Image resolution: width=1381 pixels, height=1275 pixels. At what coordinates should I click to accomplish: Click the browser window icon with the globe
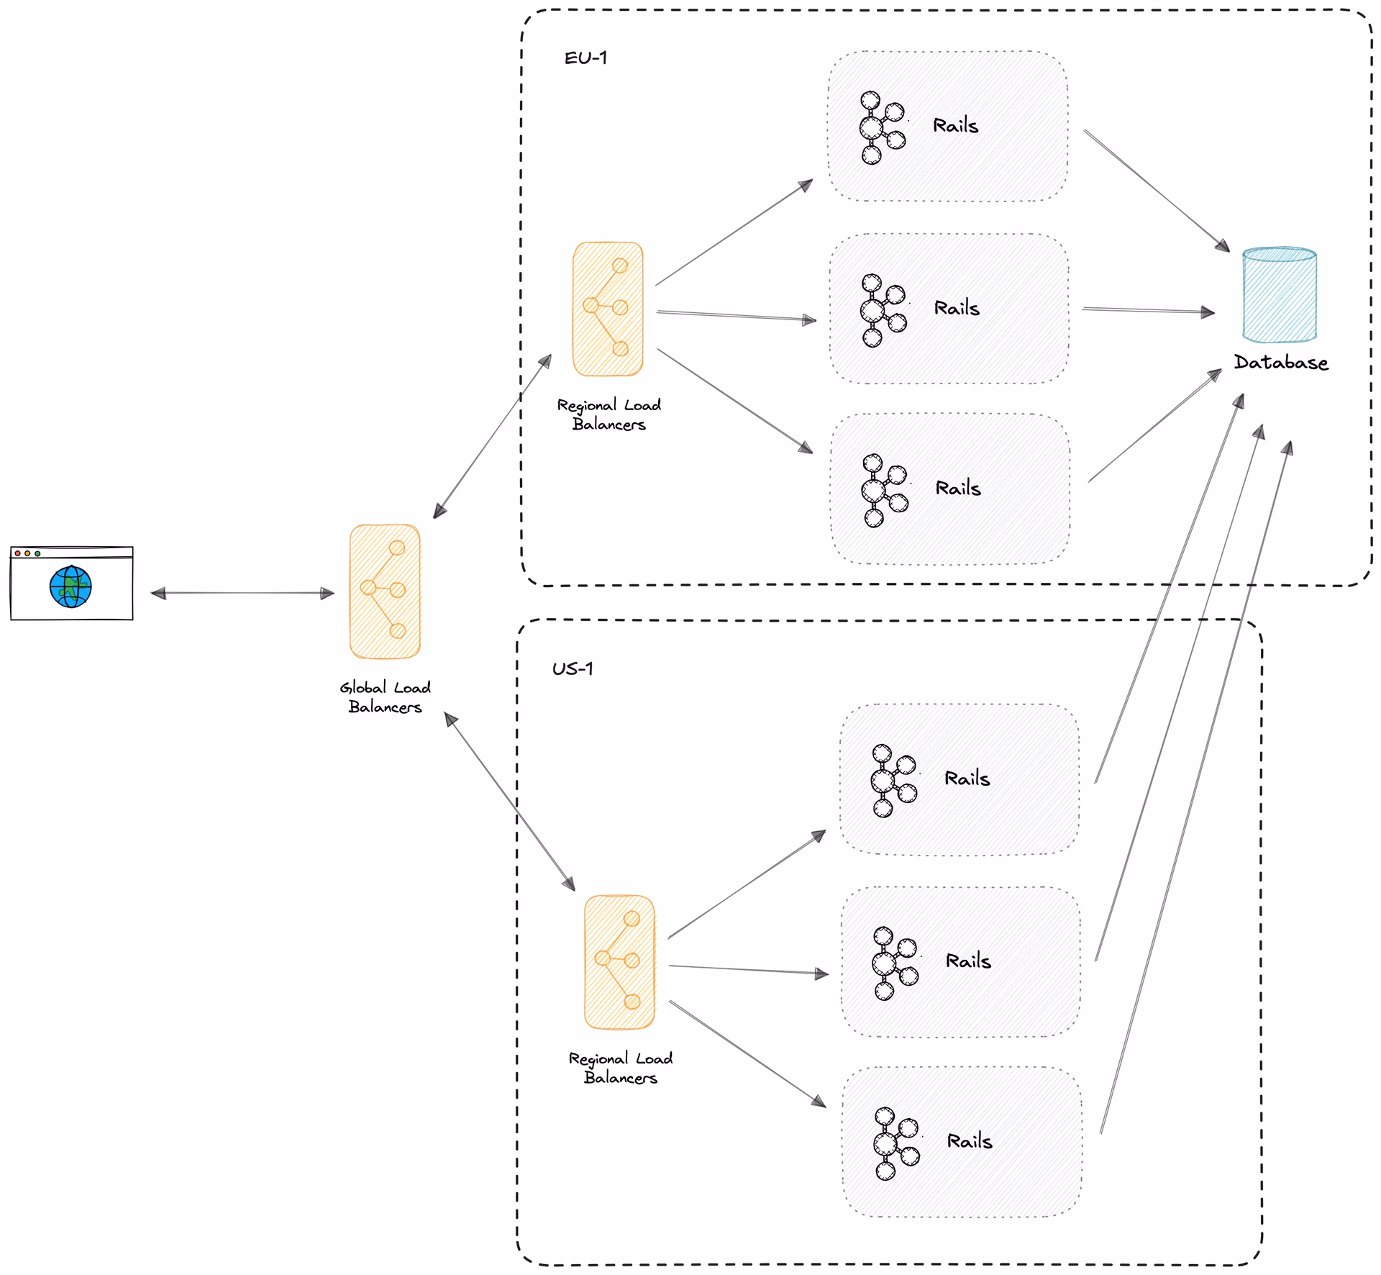pos(72,583)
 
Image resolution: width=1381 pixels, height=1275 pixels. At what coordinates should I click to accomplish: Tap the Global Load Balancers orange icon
pos(385,591)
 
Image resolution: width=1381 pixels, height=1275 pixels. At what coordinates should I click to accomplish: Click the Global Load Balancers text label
pos(386,697)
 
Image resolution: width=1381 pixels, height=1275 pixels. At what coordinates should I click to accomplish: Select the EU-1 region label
pos(585,58)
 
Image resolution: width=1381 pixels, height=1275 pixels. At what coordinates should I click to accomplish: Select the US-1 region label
pos(573,668)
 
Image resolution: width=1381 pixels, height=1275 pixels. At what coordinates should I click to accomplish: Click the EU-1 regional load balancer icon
pos(608,309)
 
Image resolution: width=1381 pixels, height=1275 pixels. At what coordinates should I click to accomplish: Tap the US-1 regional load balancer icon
pos(620,962)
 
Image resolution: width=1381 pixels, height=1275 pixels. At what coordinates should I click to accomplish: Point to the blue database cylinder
pos(1280,295)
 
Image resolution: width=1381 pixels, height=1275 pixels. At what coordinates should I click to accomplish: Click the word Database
pos(1281,362)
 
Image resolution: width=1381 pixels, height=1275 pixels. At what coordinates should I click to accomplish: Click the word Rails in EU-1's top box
pos(955,126)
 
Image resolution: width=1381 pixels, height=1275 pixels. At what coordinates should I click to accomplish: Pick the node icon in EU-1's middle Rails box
pos(884,310)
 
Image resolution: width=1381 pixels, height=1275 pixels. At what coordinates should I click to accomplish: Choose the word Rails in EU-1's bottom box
pos(958,489)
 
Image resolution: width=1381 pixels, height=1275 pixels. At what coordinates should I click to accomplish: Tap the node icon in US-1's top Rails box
pos(894,781)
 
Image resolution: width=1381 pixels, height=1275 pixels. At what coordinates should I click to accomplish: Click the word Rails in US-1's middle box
pos(968,961)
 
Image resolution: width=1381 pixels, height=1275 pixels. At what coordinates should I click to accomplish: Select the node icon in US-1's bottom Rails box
pos(897,1143)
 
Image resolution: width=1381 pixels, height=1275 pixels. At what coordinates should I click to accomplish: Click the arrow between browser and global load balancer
pos(242,593)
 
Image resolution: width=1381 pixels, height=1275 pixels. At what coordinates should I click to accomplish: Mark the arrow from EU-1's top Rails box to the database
pos(1157,191)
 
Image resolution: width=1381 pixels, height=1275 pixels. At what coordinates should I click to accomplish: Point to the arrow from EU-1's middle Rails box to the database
pos(1149,310)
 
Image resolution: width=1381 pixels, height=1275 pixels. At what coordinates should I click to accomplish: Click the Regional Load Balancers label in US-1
pos(621,1068)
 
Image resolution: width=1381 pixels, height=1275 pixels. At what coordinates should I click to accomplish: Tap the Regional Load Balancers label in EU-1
pos(609,414)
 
